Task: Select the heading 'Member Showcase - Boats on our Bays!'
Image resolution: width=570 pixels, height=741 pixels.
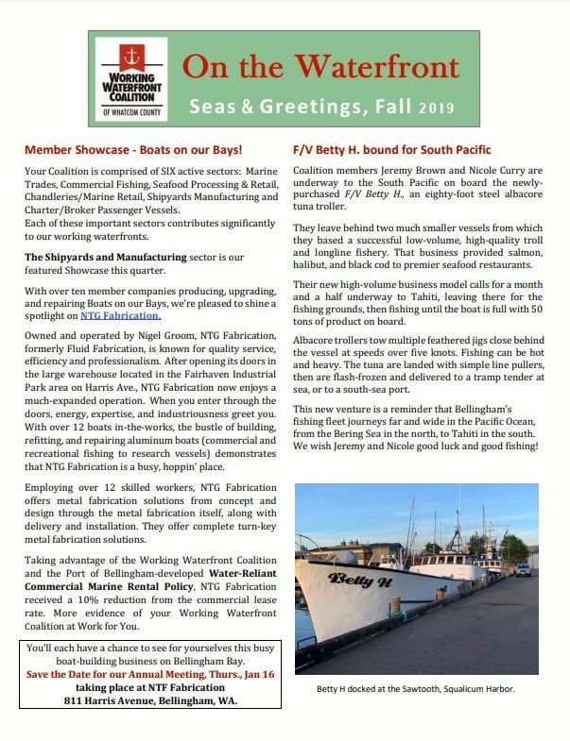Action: [133, 150]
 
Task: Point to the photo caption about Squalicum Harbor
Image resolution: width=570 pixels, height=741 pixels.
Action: [416, 689]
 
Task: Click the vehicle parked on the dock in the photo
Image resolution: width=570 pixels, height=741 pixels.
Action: [523, 569]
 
